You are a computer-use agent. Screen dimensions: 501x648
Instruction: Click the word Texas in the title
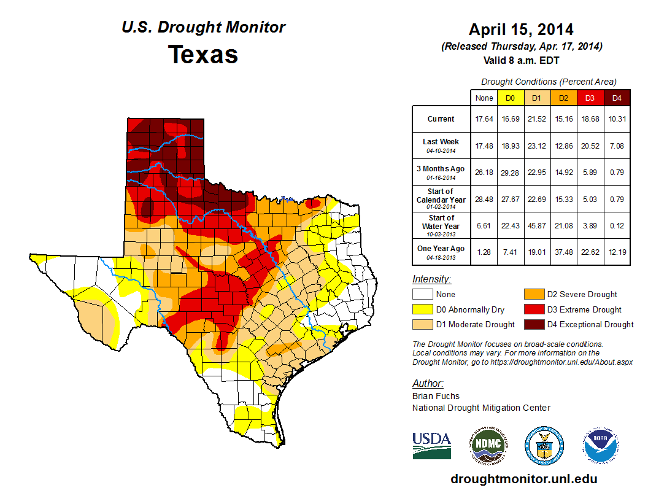click(203, 55)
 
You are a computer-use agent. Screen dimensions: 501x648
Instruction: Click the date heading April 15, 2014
click(521, 29)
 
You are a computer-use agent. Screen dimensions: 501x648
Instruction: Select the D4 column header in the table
click(617, 98)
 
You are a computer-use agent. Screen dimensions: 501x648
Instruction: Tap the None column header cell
click(484, 98)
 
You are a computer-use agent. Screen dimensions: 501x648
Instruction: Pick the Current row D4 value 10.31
click(617, 119)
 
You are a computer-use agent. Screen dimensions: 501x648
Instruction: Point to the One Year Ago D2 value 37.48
click(563, 252)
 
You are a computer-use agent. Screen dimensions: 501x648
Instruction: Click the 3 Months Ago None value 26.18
click(484, 172)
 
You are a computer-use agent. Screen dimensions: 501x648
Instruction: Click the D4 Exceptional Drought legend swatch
click(532, 324)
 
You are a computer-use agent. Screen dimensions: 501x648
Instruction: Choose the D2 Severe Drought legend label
click(582, 295)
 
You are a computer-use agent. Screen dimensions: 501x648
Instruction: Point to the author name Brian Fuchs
click(436, 396)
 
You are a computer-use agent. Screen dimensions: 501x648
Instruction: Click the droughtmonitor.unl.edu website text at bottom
click(523, 479)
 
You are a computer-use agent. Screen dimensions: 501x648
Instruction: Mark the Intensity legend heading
click(431, 279)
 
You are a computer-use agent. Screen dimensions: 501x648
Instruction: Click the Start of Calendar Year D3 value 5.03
click(590, 199)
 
